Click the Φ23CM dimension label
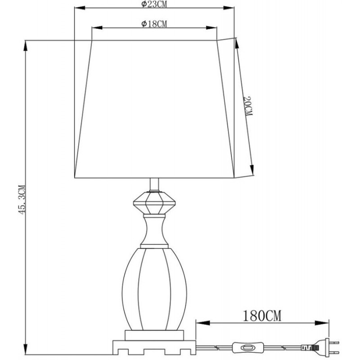pyautogui.click(x=154, y=4)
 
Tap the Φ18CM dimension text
pyautogui.click(x=154, y=24)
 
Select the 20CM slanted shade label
pyautogui.click(x=248, y=106)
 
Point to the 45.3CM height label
pyautogui.click(x=22, y=199)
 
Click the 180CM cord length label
pyautogui.click(x=262, y=316)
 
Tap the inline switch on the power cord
pyautogui.click(x=248, y=347)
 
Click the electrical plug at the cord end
pyautogui.click(x=326, y=347)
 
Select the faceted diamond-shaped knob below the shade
pyautogui.click(x=154, y=203)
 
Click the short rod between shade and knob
pyautogui.click(x=154, y=184)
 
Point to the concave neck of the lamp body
pyautogui.click(x=154, y=231)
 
